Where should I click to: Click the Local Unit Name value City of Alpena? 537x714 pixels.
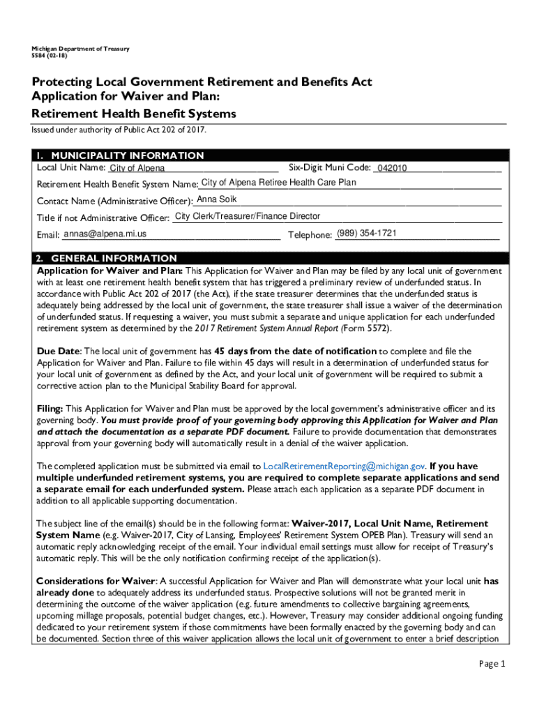click(x=137, y=169)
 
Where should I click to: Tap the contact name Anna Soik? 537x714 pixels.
click(x=217, y=200)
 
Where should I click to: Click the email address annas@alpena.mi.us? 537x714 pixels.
click(x=105, y=234)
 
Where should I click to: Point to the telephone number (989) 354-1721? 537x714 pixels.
click(x=367, y=233)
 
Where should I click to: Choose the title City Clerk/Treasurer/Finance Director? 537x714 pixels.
click(x=248, y=217)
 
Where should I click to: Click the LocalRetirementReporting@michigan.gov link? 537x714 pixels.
click(x=345, y=466)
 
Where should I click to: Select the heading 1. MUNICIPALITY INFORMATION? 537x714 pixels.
click(x=121, y=155)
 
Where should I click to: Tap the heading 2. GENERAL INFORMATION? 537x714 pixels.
click(x=108, y=258)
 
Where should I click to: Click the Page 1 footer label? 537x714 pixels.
click(x=492, y=664)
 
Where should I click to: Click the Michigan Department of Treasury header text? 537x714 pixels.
click(x=75, y=49)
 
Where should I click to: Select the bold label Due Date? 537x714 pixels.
click(x=59, y=351)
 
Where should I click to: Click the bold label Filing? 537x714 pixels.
click(x=50, y=409)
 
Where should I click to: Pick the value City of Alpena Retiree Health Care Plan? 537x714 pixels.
click(x=278, y=183)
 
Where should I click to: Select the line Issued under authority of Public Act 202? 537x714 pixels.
click(x=119, y=130)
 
